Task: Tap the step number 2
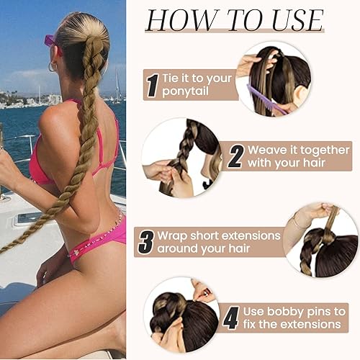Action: click(235, 156)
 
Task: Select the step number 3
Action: click(146, 241)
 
